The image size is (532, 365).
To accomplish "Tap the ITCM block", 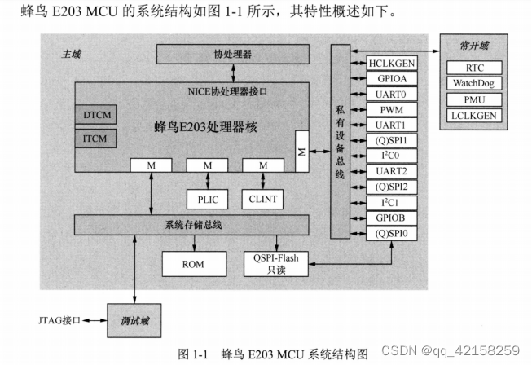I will [x=95, y=139].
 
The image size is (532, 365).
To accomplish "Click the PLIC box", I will [x=207, y=197].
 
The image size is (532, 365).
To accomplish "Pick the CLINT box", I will [x=262, y=197].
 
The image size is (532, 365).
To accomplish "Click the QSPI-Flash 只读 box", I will [x=277, y=264].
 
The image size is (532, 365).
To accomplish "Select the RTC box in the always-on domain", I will [x=474, y=68].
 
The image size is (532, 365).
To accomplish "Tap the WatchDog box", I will [x=474, y=83].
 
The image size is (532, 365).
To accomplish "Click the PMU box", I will [x=474, y=99].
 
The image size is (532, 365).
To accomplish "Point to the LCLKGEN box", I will [x=474, y=115].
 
